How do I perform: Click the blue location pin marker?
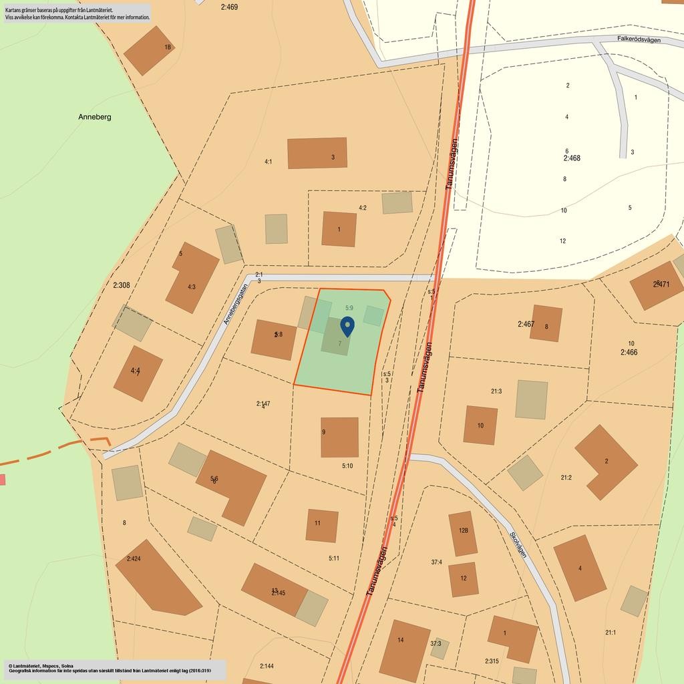(x=347, y=326)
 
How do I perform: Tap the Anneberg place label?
(x=95, y=117)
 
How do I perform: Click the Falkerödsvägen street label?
(x=639, y=40)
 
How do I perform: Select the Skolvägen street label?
(x=518, y=544)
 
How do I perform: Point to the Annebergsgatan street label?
(x=235, y=305)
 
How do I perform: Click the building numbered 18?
(x=148, y=50)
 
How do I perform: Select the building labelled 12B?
(x=463, y=534)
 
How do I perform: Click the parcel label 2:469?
(x=228, y=7)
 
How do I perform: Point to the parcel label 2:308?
(x=122, y=285)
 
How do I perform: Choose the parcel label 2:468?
(x=572, y=158)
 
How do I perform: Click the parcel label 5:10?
(x=347, y=466)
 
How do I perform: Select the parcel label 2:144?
(x=267, y=666)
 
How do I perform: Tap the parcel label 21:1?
(x=611, y=633)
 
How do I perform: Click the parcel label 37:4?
(x=436, y=562)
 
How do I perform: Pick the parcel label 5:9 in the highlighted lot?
(x=349, y=308)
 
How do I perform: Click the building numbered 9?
(x=339, y=437)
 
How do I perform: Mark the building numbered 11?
(x=321, y=525)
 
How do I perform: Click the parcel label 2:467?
(x=526, y=325)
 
